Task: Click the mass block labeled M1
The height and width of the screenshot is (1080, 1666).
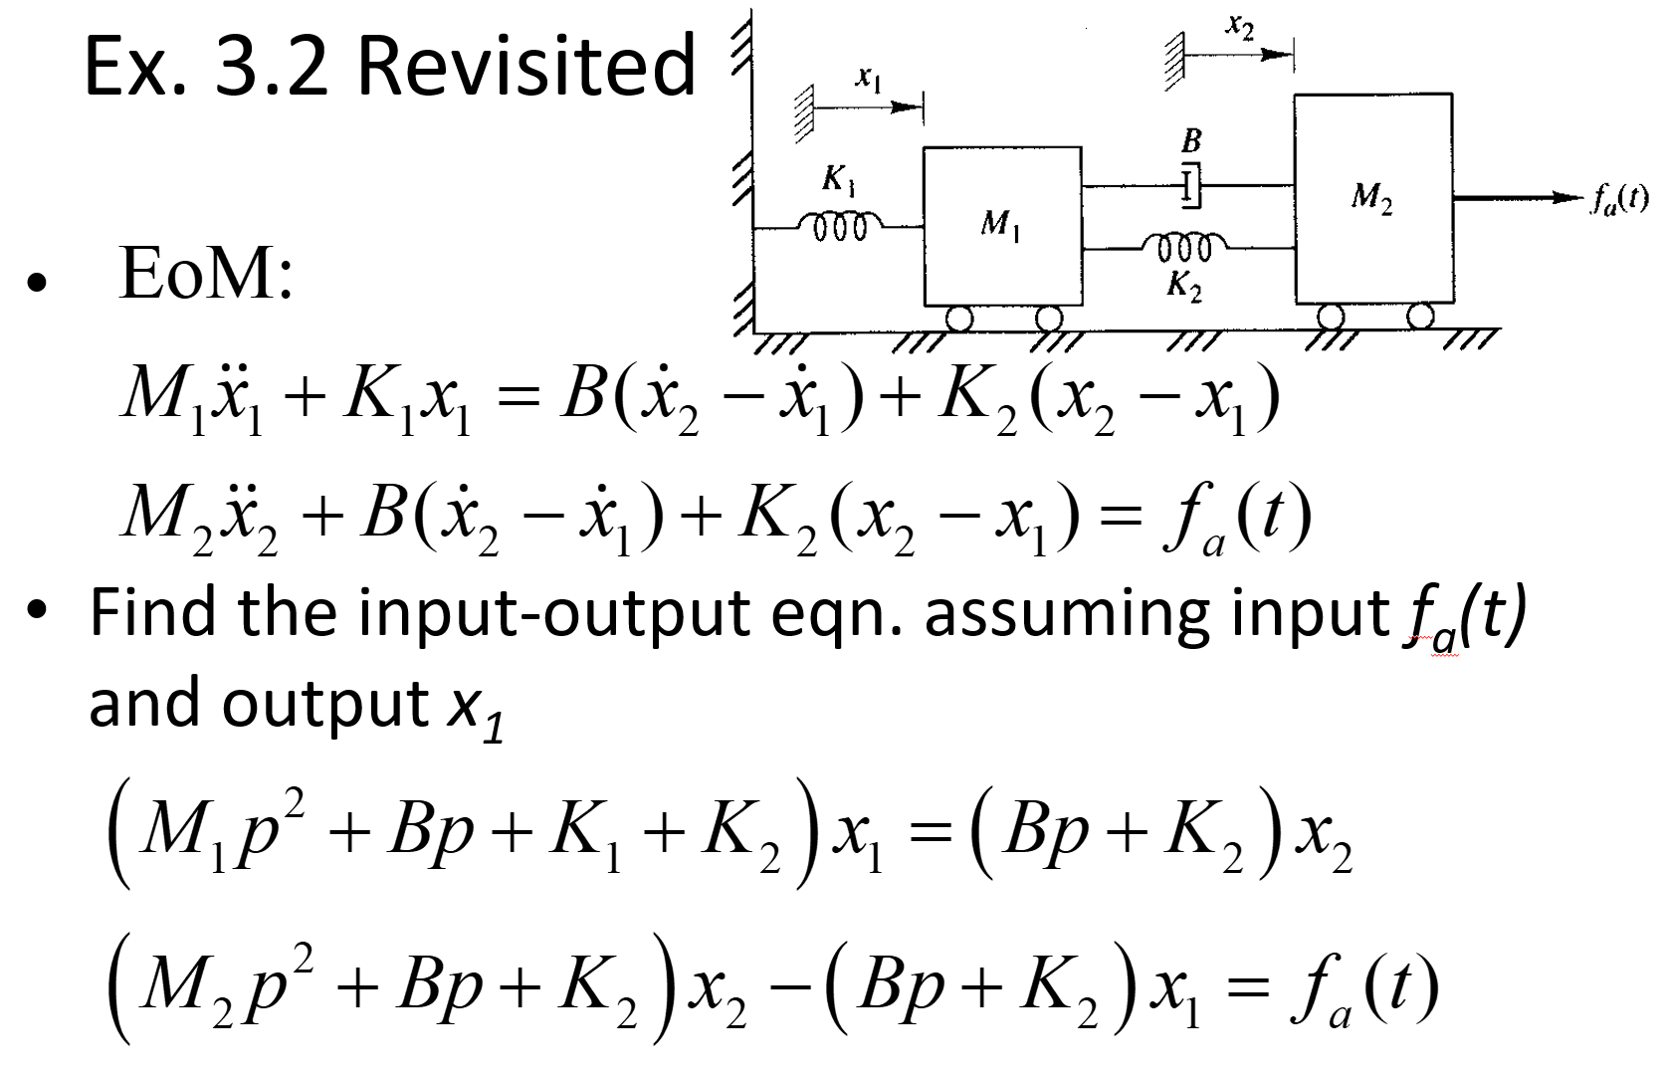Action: coord(1001,226)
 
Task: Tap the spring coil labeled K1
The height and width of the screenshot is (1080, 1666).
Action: coord(842,225)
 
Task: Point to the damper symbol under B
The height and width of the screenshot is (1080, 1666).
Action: coord(1190,186)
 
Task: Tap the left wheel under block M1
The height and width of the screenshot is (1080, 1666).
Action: coord(959,319)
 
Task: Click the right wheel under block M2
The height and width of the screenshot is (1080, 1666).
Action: coord(1421,317)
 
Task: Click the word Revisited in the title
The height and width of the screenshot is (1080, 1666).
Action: coord(525,66)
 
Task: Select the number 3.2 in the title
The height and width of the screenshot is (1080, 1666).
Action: coord(271,66)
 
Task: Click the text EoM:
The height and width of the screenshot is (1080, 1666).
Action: coord(205,273)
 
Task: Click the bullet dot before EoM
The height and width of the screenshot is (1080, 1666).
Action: coord(38,283)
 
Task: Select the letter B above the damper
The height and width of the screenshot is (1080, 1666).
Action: coord(1191,140)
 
